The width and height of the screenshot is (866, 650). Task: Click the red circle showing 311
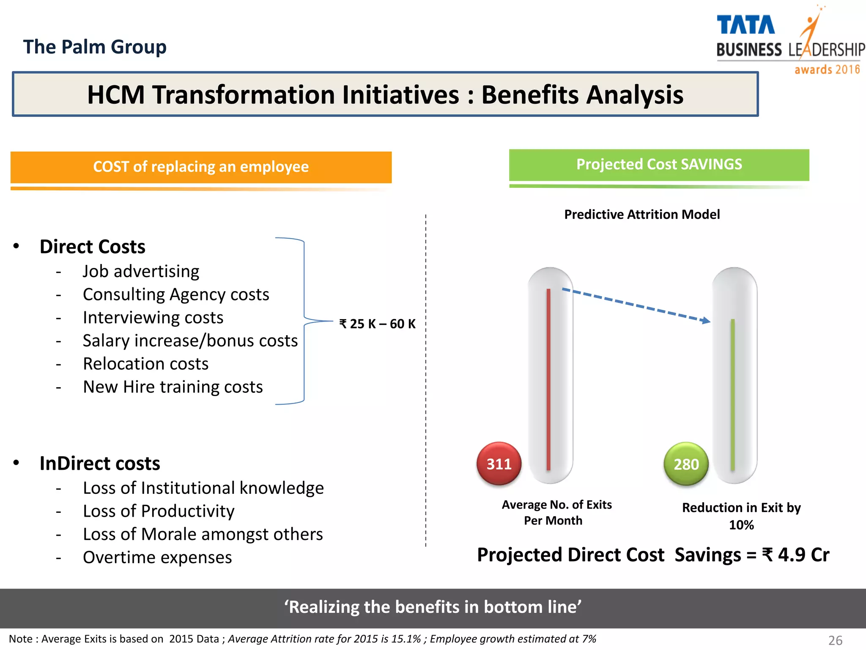499,464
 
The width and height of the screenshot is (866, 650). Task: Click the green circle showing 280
686,464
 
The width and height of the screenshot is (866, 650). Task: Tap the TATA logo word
745,25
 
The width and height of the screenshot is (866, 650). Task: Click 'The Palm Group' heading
95,47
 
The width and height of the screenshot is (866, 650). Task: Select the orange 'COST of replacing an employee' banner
201,167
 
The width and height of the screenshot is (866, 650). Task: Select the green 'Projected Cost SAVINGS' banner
659,164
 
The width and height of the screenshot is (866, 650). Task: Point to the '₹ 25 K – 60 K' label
378,324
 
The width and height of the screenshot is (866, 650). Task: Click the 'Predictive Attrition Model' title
642,215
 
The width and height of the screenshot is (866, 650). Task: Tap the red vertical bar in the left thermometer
548,379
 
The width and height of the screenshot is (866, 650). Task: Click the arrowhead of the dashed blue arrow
706,321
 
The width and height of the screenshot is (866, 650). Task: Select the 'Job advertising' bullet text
141,271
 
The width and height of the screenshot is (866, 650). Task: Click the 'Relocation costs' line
145,364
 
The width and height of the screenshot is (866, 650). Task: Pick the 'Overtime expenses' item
157,557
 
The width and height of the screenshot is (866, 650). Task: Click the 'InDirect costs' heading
100,463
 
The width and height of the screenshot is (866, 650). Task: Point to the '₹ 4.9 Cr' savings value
796,555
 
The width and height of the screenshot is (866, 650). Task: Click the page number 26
835,640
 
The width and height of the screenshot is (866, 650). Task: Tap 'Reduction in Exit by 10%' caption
741,516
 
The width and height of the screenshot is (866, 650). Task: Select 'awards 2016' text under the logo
827,69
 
